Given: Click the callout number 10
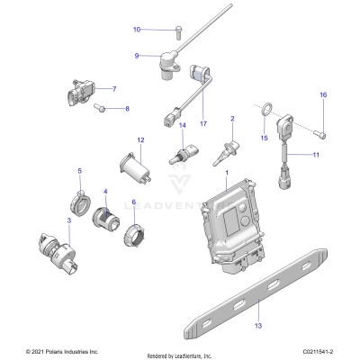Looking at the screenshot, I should pyautogui.click(x=137, y=30).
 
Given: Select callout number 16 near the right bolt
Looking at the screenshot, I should pyautogui.click(x=323, y=95).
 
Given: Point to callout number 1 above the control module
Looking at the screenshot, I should pyautogui.click(x=227, y=172).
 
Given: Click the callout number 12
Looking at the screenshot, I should pyautogui.click(x=140, y=140).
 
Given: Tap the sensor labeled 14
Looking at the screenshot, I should pyautogui.click(x=182, y=155).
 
